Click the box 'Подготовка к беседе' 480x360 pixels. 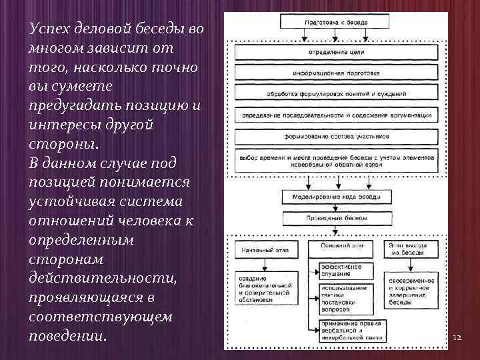click(336, 22)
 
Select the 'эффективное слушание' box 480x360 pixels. click(340, 269)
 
